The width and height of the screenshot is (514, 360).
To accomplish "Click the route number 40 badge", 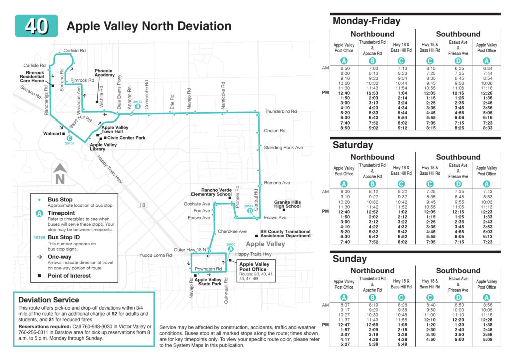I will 36,26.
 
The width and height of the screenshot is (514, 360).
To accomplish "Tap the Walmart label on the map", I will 51,134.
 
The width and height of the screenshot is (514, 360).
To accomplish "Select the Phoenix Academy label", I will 103,73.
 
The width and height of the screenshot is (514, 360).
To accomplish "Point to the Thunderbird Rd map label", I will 281,111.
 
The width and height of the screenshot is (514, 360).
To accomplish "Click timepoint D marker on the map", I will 250,211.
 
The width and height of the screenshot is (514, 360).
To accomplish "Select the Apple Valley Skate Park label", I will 208,282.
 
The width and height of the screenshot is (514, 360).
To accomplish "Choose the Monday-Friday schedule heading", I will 366,21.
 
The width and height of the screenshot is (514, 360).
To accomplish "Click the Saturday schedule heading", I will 353,145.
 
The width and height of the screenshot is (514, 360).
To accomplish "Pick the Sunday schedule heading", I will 350,259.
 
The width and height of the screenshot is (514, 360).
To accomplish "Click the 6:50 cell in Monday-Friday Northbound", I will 344,68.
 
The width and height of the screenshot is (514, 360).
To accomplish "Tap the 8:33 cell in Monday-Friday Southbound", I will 487,128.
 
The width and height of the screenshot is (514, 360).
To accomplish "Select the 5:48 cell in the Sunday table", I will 401,344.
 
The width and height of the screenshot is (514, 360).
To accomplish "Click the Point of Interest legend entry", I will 69,275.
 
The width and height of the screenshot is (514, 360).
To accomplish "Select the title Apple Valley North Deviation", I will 149,26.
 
